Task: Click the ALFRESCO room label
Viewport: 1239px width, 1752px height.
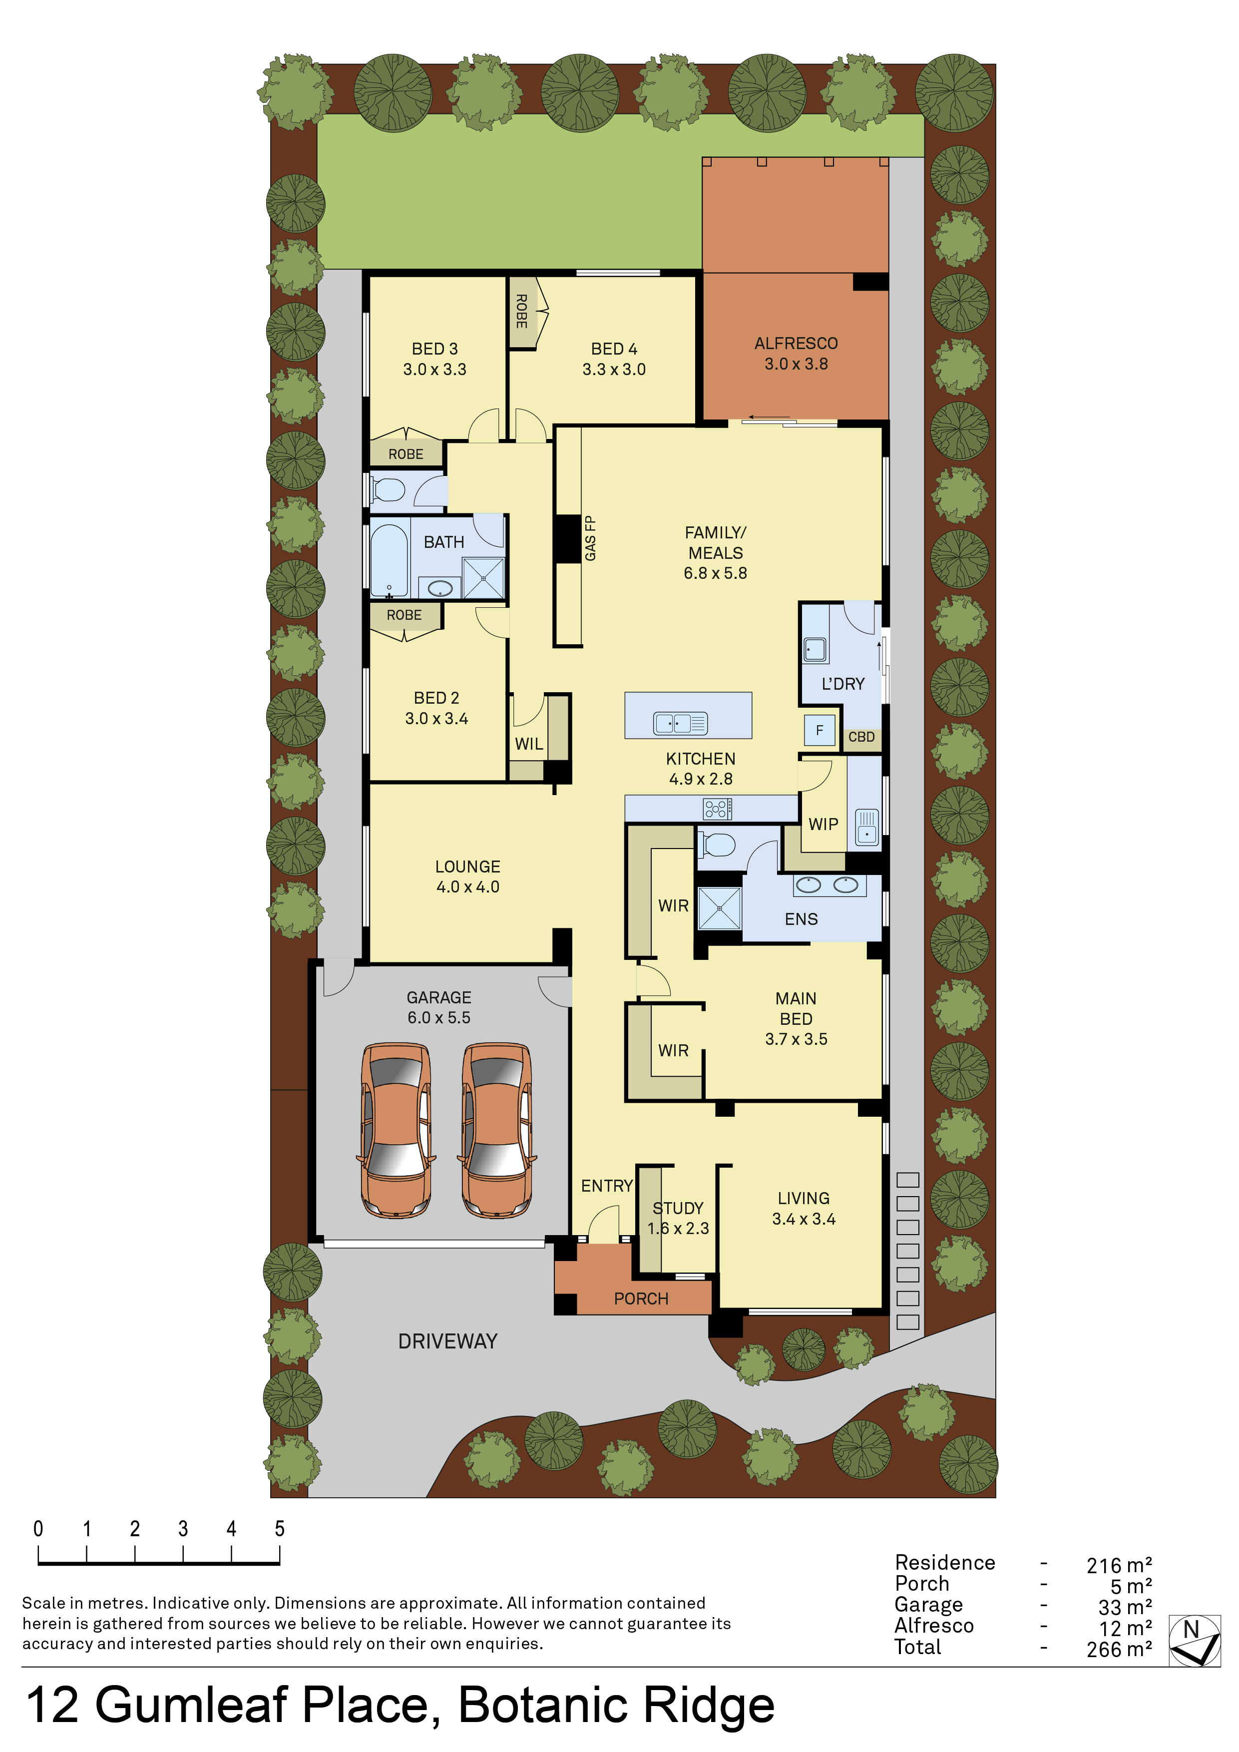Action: pyautogui.click(x=796, y=344)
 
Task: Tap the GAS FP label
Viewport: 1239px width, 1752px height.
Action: pyautogui.click(x=590, y=539)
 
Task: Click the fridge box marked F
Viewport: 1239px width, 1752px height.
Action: pyautogui.click(x=820, y=730)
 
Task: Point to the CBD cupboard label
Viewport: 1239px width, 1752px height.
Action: pyautogui.click(x=861, y=737)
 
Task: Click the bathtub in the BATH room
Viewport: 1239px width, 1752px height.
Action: pyautogui.click(x=389, y=559)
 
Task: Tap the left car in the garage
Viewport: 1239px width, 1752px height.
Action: pyautogui.click(x=396, y=1130)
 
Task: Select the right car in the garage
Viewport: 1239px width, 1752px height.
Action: pyautogui.click(x=497, y=1130)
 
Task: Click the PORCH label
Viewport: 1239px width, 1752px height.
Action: pyautogui.click(x=641, y=1299)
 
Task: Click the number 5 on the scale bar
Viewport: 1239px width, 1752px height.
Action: pyautogui.click(x=279, y=1528)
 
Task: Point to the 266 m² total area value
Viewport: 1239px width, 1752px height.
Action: pyautogui.click(x=1119, y=1650)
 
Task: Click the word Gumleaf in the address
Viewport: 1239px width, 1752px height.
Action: pyautogui.click(x=191, y=1706)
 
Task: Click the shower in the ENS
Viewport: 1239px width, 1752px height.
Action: pyautogui.click(x=720, y=908)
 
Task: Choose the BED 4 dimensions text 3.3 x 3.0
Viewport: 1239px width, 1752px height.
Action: pyautogui.click(x=614, y=369)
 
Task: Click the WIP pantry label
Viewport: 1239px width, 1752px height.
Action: pyautogui.click(x=823, y=824)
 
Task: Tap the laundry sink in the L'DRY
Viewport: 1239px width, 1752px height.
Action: pyautogui.click(x=816, y=649)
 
